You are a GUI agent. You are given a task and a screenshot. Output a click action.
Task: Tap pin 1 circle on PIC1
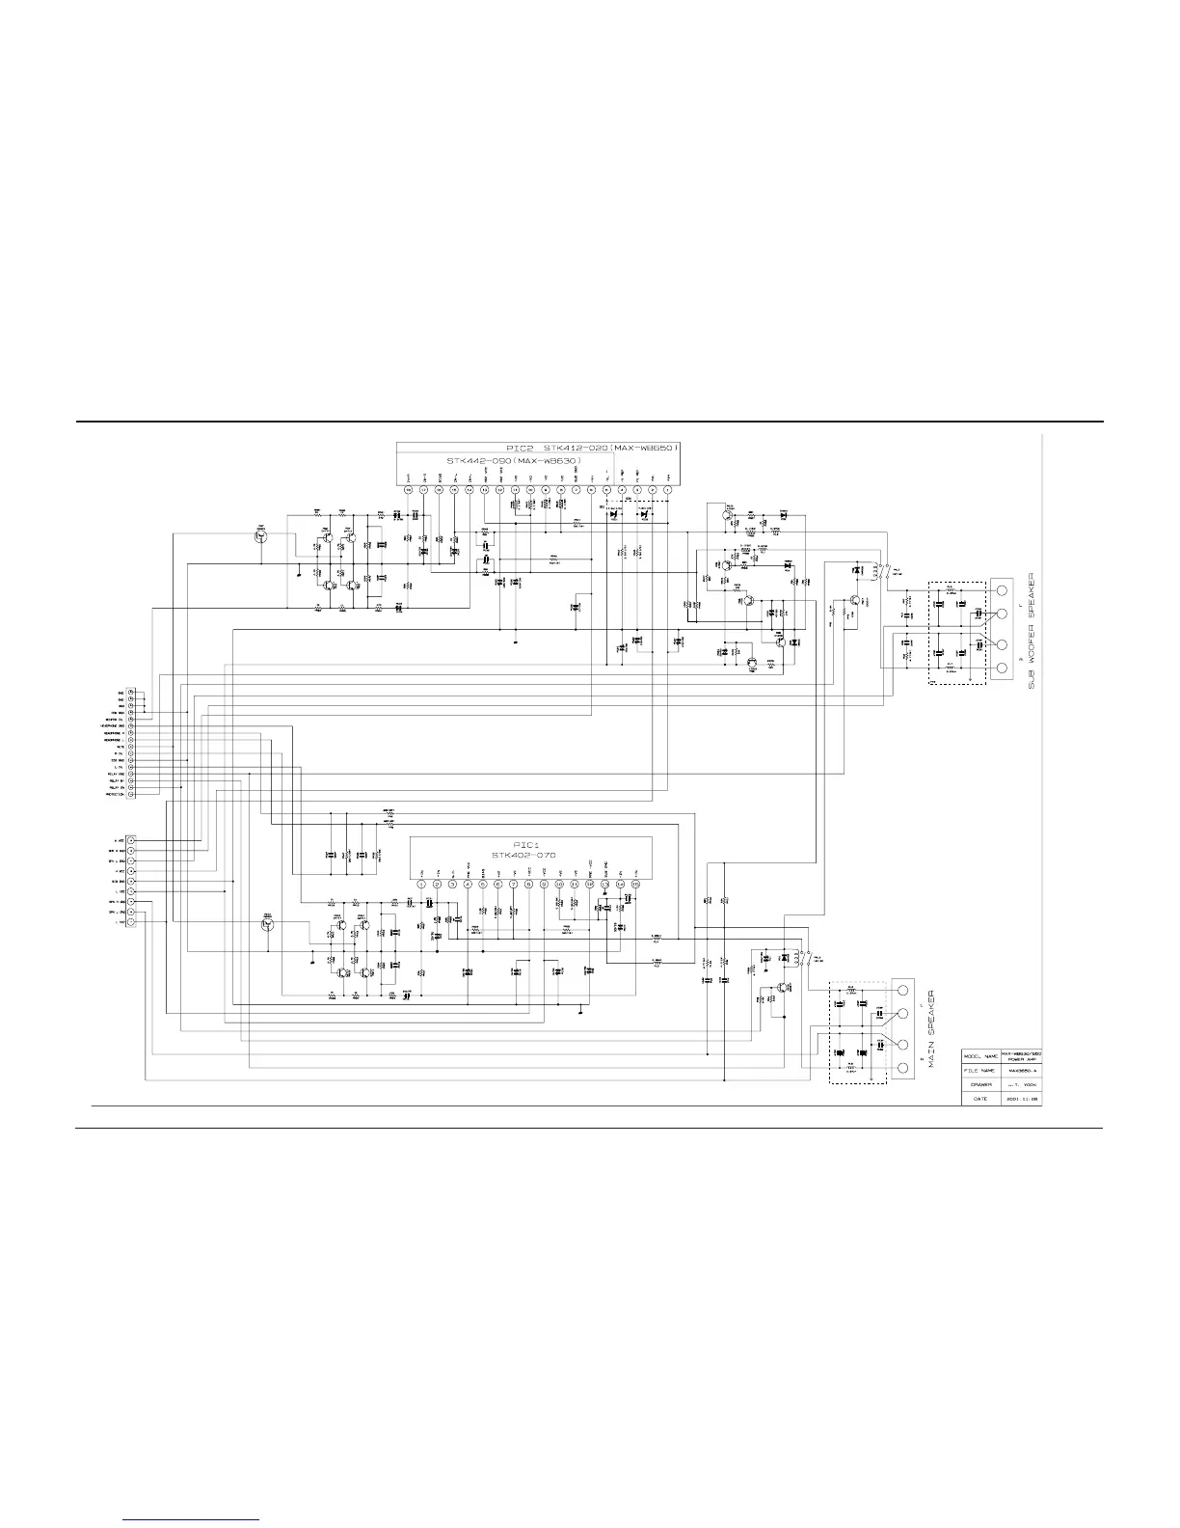click(420, 884)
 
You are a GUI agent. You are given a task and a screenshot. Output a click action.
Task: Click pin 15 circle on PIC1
click(635, 884)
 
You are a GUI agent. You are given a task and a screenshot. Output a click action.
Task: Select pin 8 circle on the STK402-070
click(528, 884)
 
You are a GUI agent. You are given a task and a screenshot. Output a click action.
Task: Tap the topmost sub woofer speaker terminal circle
click(1001, 588)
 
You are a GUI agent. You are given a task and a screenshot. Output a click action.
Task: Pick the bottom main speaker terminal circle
click(903, 1069)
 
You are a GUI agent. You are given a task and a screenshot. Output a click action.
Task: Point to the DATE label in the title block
click(980, 1098)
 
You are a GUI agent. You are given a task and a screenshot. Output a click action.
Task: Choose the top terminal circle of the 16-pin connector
click(131, 693)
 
